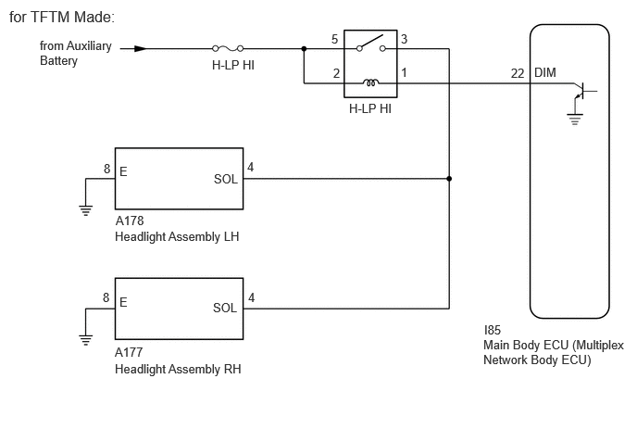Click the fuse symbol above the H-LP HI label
click(228, 49)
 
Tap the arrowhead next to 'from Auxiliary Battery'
click(141, 49)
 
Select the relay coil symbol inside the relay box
click(370, 82)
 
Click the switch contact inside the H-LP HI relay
click(370, 44)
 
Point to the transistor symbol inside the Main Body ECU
click(583, 91)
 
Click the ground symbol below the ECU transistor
click(575, 120)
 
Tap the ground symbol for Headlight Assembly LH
click(86, 210)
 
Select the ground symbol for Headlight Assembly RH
click(86, 340)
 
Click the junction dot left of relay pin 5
click(304, 49)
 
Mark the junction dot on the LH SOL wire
click(449, 179)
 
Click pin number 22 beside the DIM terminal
click(518, 73)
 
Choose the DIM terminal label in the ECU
click(544, 73)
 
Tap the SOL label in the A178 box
click(226, 180)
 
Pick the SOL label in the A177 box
click(225, 308)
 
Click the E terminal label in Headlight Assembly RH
click(123, 302)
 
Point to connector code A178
click(130, 221)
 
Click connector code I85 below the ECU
click(493, 330)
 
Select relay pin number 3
click(404, 39)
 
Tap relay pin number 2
click(336, 73)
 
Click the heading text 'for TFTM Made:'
click(62, 17)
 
